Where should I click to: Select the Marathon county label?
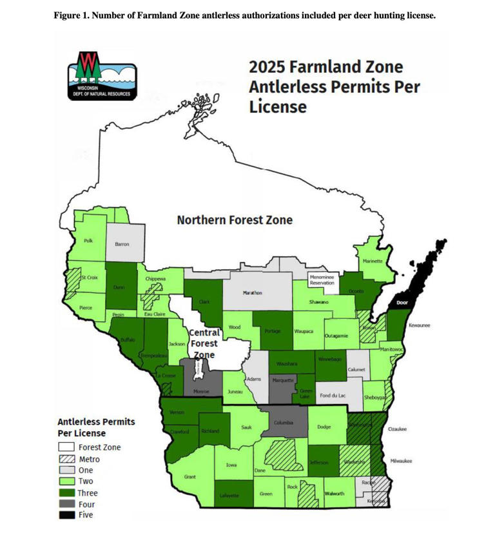click(252, 293)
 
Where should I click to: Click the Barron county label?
click(122, 244)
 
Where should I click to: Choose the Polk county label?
click(88, 241)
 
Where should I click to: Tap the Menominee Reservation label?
click(322, 280)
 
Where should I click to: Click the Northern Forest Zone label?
click(235, 220)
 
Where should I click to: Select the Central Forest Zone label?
click(204, 343)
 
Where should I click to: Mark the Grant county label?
click(189, 477)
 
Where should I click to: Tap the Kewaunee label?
click(420, 325)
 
